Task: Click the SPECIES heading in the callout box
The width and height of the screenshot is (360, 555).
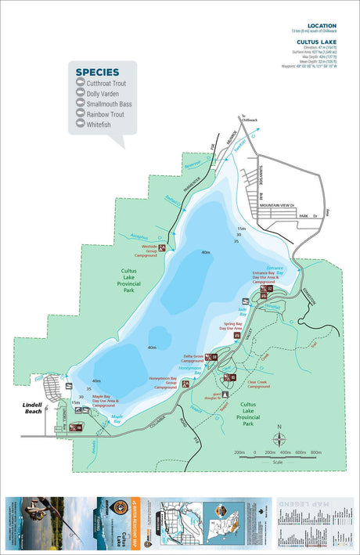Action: click(x=97, y=72)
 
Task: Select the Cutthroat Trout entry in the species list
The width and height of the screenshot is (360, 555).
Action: click(x=106, y=83)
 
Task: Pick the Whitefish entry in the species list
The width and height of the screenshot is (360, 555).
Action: click(x=99, y=124)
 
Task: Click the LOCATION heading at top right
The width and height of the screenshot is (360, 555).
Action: click(x=322, y=26)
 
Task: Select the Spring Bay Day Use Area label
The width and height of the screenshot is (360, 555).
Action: click(x=232, y=326)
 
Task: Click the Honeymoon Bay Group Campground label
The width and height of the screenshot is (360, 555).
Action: click(x=164, y=383)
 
